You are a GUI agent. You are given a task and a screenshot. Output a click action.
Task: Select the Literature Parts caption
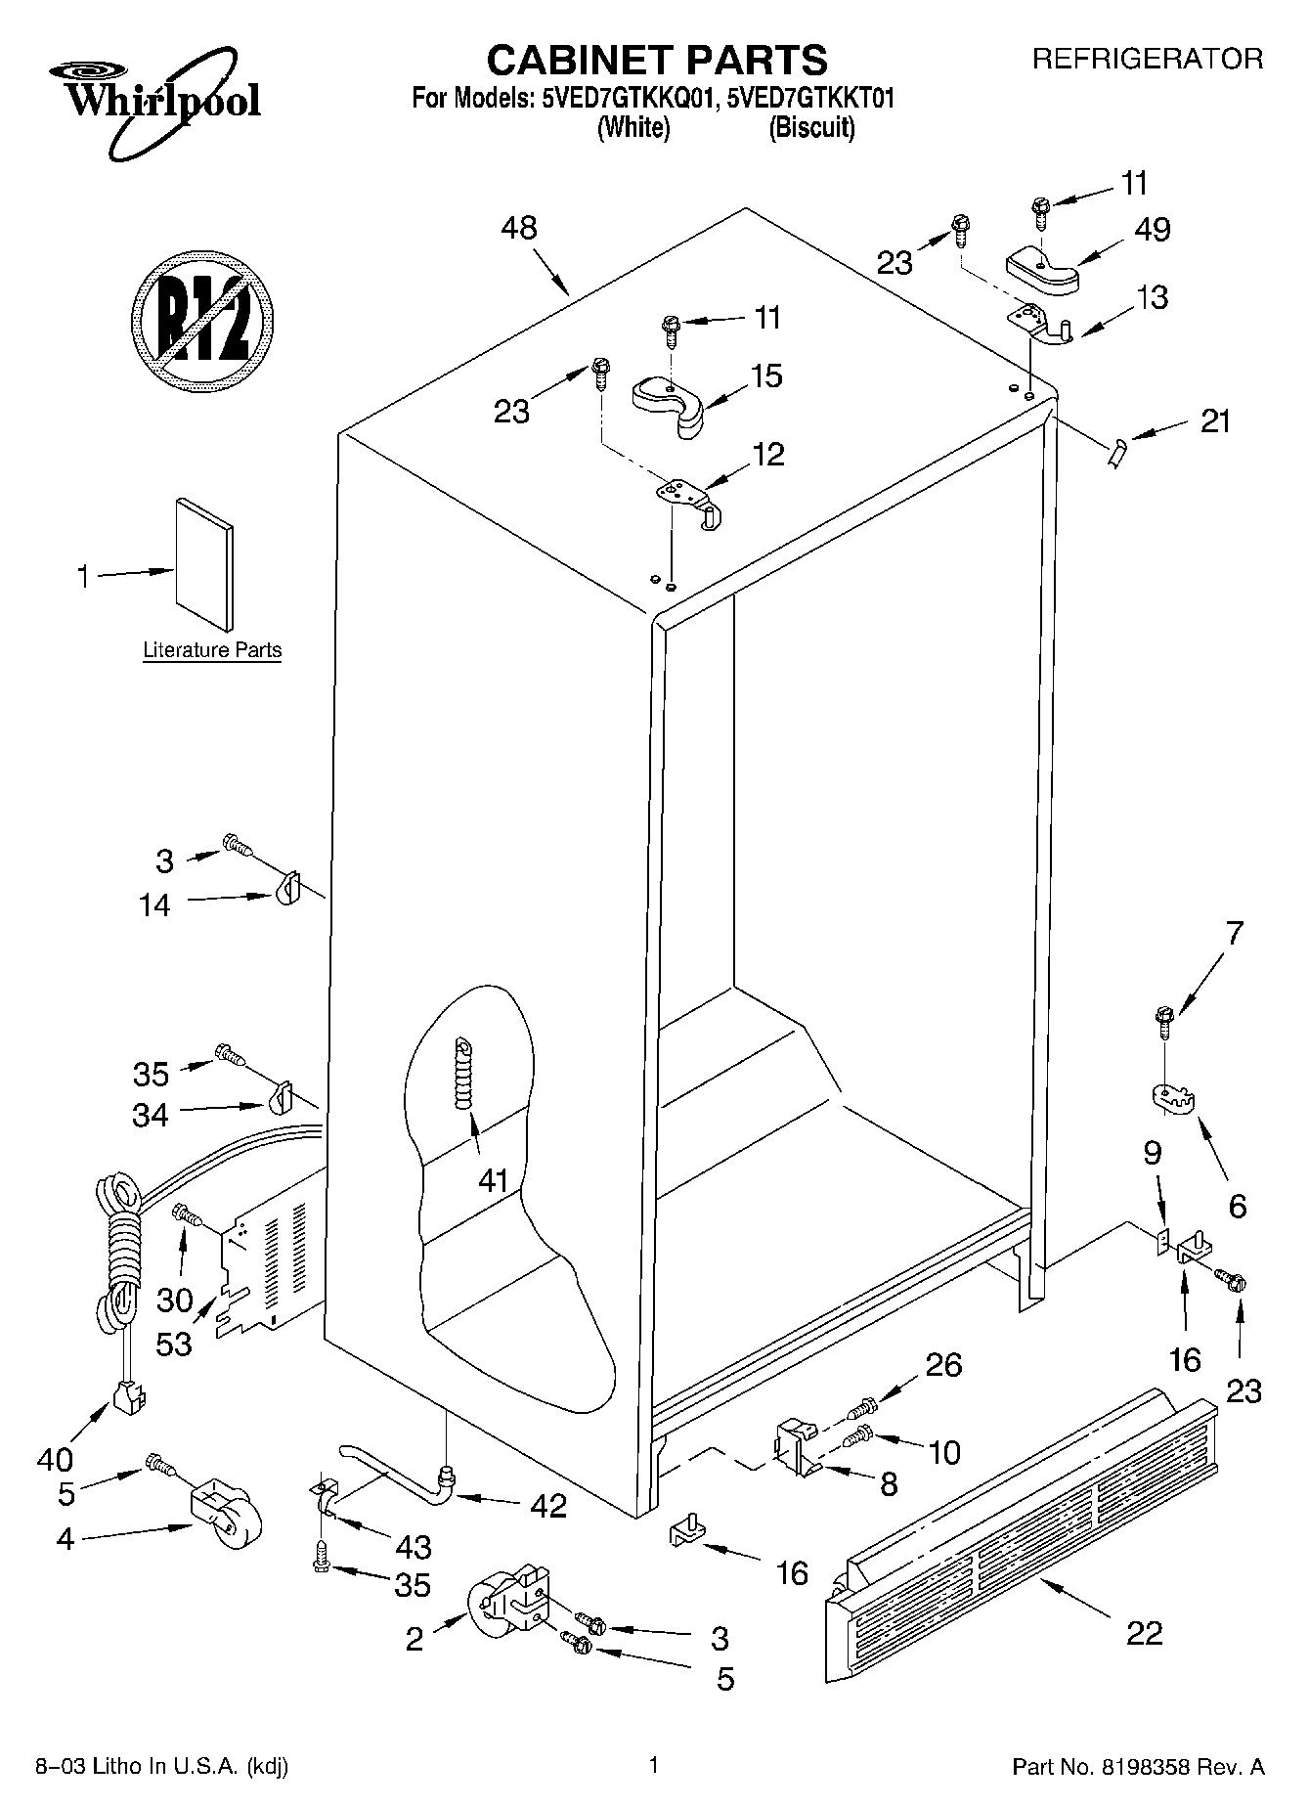click(x=212, y=650)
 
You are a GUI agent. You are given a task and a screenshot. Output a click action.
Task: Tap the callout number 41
click(x=494, y=1180)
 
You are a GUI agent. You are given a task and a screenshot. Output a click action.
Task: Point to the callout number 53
click(x=174, y=1344)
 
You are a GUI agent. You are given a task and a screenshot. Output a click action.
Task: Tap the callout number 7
click(x=1234, y=933)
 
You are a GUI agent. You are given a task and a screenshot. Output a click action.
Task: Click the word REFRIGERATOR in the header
click(x=1148, y=59)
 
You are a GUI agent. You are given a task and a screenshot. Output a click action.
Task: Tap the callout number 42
click(x=547, y=1506)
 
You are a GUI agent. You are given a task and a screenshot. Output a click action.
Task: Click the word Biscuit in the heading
click(x=811, y=128)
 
